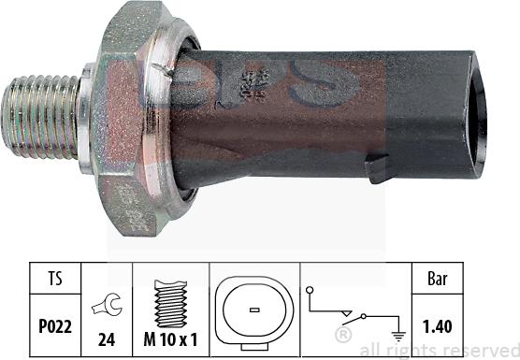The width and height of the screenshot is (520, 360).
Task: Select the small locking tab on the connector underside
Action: (378, 169)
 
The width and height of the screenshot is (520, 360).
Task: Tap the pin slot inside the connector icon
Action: (253, 309)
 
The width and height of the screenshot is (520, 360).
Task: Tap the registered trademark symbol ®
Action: (344, 333)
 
